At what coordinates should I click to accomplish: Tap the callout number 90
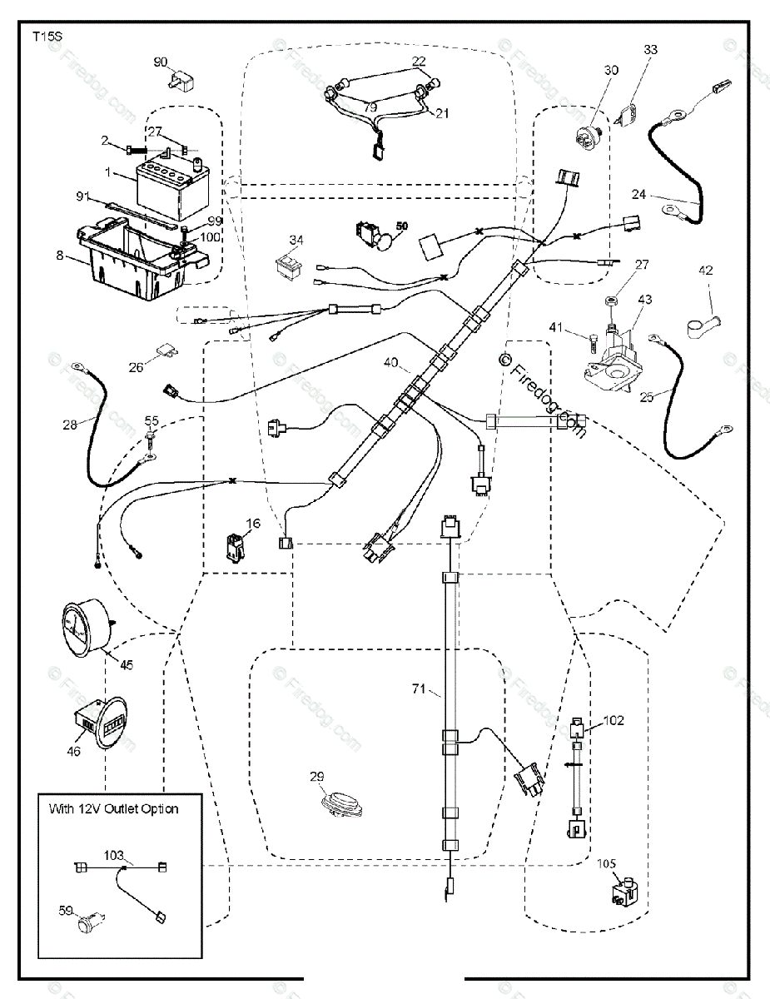pyautogui.click(x=161, y=62)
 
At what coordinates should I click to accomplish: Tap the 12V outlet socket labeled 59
pyautogui.click(x=89, y=922)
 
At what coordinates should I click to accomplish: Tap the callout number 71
pyautogui.click(x=418, y=688)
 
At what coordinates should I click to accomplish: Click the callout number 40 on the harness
pyautogui.click(x=392, y=363)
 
